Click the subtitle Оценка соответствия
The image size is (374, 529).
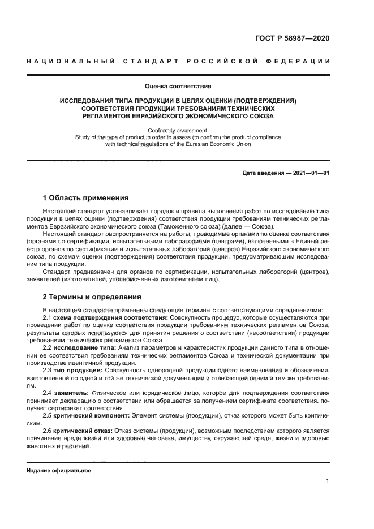(x=178, y=87)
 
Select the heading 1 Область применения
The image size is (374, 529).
(x=86, y=198)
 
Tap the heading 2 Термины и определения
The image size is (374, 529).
(x=93, y=296)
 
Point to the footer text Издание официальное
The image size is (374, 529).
(x=59, y=471)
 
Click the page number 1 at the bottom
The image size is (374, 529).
(x=328, y=481)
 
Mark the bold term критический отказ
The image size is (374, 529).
(x=80, y=431)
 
